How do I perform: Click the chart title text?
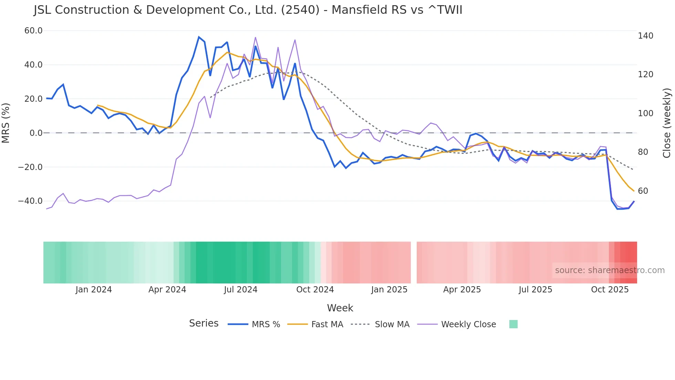tap(248, 10)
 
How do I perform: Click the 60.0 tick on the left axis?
tap(33, 31)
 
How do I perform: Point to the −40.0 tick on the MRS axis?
tap(30, 201)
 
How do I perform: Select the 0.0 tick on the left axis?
tap(36, 133)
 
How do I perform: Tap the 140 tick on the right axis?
tap(645, 36)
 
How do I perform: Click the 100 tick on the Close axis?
tap(645, 113)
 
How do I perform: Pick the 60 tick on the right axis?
tap(643, 191)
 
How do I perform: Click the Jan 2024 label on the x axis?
tap(94, 290)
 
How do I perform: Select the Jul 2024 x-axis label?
tap(241, 290)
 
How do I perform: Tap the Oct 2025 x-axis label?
tap(610, 290)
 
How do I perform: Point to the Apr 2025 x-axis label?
tap(462, 290)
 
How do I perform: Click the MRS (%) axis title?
tap(6, 123)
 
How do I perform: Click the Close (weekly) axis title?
tap(667, 123)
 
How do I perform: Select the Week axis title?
tap(340, 308)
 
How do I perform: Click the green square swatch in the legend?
tap(513, 324)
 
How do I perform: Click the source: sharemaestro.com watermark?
tap(610, 270)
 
